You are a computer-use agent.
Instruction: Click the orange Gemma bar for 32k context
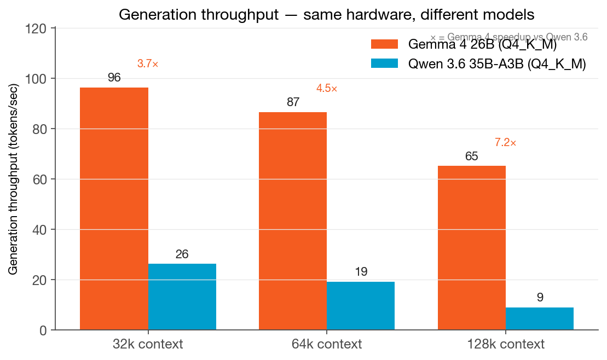click(114, 208)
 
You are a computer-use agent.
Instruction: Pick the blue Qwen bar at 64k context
click(361, 305)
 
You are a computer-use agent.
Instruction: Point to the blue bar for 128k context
click(540, 318)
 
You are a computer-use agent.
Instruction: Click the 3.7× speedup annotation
click(148, 64)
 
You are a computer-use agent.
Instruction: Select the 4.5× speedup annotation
click(327, 89)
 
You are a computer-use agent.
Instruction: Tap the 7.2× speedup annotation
click(505, 143)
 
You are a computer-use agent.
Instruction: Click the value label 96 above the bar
click(114, 78)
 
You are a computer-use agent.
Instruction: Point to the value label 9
click(540, 298)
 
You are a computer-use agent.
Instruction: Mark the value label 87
click(293, 102)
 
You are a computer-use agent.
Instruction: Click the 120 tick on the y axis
click(37, 28)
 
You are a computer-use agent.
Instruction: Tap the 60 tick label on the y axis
click(41, 179)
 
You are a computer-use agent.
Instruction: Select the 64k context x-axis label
click(327, 344)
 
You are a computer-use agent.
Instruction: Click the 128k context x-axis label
click(505, 344)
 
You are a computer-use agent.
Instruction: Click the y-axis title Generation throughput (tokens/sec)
click(14, 179)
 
